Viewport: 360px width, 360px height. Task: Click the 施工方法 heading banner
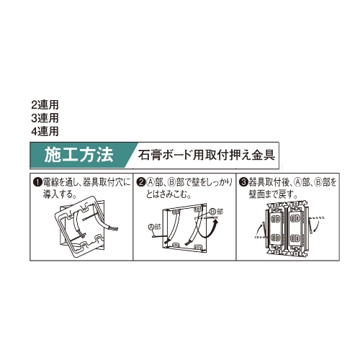(x=78, y=154)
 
